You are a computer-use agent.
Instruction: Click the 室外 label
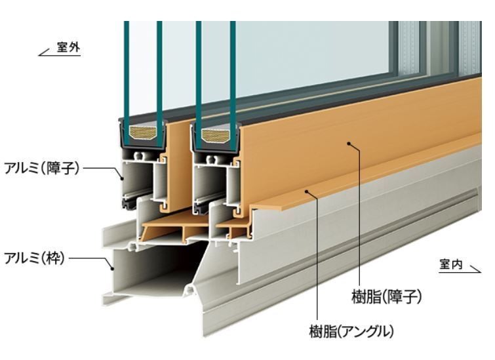tap(68, 47)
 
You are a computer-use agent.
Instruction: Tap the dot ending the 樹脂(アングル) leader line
tap(307, 190)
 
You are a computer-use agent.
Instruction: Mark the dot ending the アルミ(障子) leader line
tap(123, 176)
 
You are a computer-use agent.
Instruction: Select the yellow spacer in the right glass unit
tap(215, 136)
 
